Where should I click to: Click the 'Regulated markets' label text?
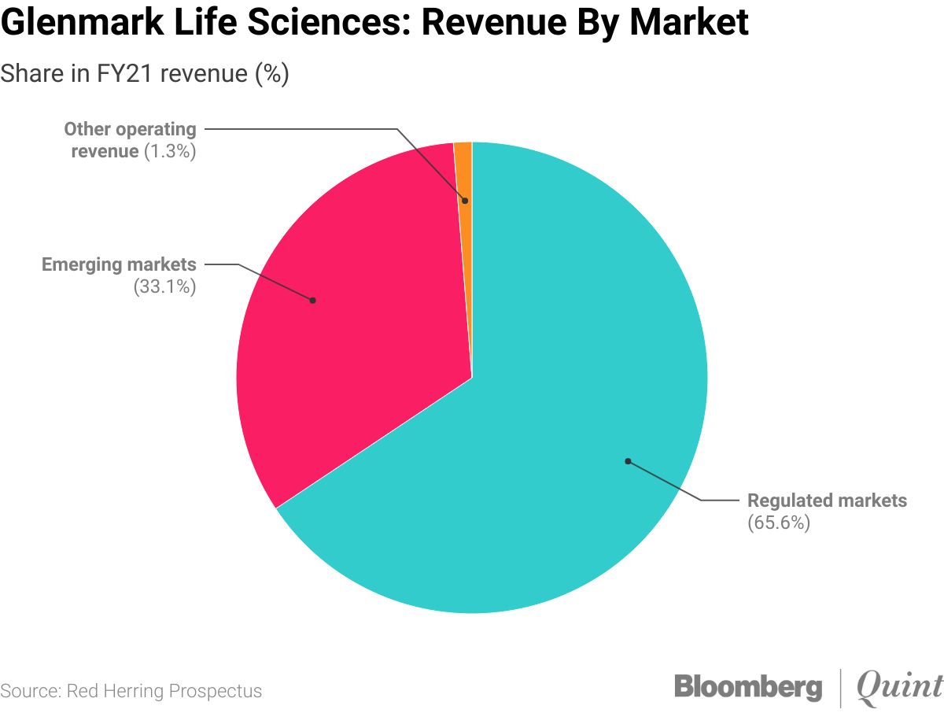coord(827,501)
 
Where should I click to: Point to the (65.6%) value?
coord(778,523)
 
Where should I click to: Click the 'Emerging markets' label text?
coord(119,264)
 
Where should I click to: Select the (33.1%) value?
coord(164,286)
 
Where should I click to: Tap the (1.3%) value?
coord(169,151)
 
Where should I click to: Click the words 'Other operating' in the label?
coord(130,129)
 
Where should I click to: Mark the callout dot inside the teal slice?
coord(627,461)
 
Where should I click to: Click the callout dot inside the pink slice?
coord(312,300)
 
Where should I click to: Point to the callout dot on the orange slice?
coord(465,201)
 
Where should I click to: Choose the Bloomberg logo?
coord(747,686)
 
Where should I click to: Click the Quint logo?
coord(898,686)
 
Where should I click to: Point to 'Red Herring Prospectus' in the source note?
coord(164,691)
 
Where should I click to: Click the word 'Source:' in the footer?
coord(30,691)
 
